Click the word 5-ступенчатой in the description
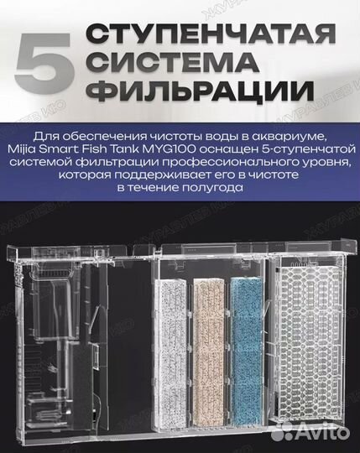(x=286, y=152)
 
